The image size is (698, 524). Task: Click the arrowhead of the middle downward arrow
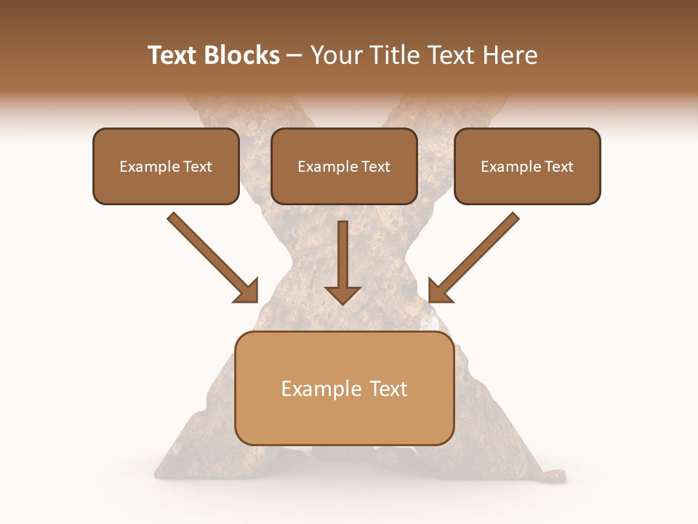coord(343,294)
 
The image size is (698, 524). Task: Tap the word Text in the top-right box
coord(559,167)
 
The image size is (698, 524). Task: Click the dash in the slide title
coord(294,55)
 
